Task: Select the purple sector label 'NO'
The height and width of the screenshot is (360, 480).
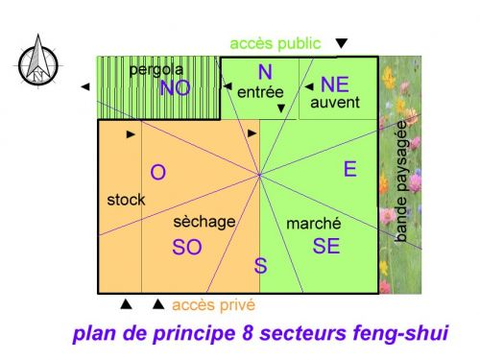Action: (175, 88)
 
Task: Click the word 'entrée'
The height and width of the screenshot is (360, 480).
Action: (259, 93)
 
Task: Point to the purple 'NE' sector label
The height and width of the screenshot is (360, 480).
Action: (335, 83)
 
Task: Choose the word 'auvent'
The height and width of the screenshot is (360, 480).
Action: (335, 102)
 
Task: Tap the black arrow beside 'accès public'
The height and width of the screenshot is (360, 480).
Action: (341, 44)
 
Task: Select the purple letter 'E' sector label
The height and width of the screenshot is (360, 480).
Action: (350, 170)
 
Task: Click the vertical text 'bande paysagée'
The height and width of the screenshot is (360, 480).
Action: (401, 187)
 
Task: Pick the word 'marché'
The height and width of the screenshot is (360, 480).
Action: (314, 224)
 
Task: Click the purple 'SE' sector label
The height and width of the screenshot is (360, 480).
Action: (326, 246)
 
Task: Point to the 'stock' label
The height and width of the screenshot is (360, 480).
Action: (126, 200)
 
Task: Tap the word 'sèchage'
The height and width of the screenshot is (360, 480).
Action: (204, 222)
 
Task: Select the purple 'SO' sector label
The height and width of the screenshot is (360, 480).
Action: (187, 247)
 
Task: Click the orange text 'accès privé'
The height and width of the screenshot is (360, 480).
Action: (213, 305)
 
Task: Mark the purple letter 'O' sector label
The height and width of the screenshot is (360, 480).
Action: (159, 173)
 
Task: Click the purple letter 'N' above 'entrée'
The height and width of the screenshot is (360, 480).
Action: (265, 72)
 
